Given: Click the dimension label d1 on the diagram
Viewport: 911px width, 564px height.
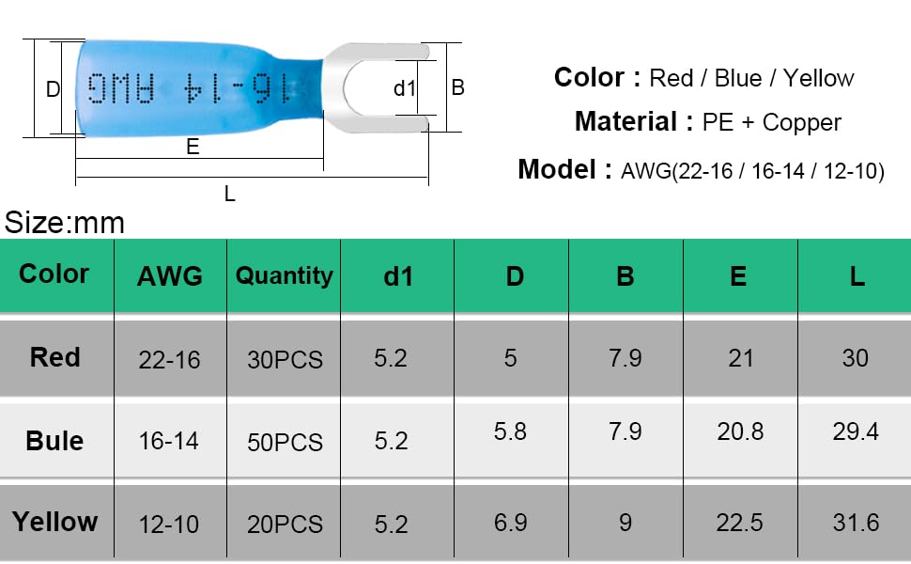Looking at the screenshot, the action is (405, 88).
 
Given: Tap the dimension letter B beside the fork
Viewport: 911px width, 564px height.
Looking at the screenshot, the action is (457, 87).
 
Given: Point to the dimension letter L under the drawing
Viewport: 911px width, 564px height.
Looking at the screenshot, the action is (230, 194).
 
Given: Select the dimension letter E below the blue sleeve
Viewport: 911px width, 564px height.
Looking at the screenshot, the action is (193, 147).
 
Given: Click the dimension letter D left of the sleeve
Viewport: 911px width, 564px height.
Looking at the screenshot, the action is (53, 89).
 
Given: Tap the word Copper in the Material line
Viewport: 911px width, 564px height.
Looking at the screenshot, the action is (801, 122).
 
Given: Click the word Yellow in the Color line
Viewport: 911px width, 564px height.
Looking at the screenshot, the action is (818, 78).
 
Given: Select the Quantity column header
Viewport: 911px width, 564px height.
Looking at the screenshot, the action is (285, 275).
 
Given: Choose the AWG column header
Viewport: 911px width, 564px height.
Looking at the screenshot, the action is (170, 275).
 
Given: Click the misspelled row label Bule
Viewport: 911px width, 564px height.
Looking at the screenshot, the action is (54, 441).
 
